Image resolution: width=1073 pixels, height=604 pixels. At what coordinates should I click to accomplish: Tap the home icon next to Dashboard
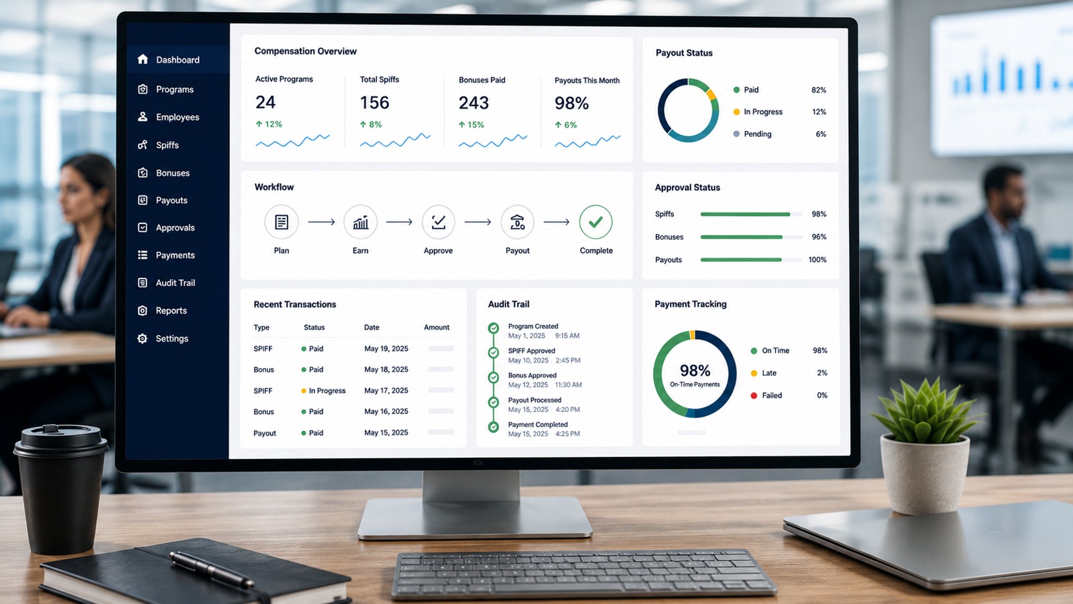point(142,59)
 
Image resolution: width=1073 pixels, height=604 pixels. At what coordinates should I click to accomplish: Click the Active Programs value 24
point(266,102)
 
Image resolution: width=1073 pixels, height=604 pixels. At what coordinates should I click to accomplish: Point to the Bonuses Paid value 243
point(473,103)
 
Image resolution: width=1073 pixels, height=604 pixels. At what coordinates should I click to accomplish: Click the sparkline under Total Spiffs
point(395,140)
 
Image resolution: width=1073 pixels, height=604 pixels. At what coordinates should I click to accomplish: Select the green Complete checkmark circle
point(596,222)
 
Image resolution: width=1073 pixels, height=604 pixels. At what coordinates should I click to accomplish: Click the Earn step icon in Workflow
point(360,222)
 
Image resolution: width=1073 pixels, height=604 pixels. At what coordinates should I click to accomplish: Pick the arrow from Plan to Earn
point(321,222)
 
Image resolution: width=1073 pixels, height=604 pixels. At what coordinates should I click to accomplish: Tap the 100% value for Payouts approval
point(817,260)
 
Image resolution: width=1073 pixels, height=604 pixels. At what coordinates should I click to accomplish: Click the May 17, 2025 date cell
point(386,391)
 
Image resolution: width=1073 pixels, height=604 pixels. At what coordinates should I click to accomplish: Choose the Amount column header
point(437,328)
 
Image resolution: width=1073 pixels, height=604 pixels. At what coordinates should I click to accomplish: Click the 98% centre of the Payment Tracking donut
point(695,370)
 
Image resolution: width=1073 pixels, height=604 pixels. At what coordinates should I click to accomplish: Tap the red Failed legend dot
point(754,395)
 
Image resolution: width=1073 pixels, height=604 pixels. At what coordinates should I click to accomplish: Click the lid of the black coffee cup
point(61,440)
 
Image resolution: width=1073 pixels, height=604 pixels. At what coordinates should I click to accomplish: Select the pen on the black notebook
point(212,570)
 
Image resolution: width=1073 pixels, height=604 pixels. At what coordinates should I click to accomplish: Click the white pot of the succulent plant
point(925,474)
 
